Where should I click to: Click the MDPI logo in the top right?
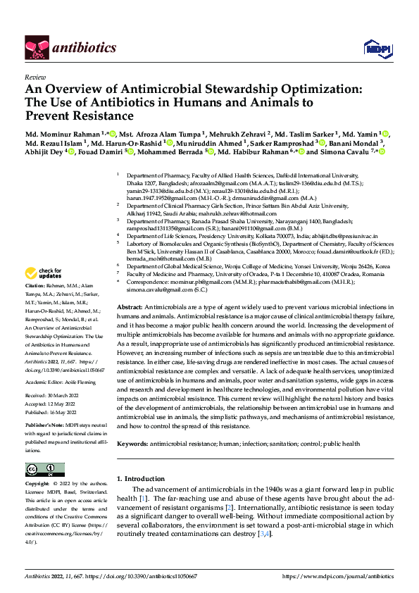click(x=374, y=47)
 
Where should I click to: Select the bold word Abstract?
click(x=129, y=308)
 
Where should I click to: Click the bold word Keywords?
click(x=132, y=444)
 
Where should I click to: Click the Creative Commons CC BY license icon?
click(x=45, y=470)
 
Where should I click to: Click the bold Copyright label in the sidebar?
click(x=38, y=485)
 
